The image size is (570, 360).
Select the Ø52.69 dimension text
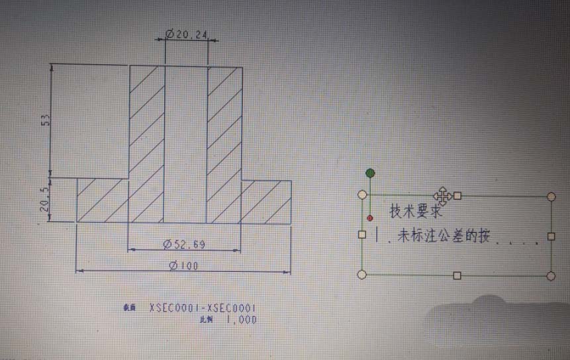[x=184, y=245]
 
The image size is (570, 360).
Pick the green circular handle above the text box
[x=370, y=173]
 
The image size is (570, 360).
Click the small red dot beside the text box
[x=369, y=218]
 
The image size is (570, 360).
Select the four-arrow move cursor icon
[x=442, y=195]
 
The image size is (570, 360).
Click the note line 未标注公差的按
[x=437, y=236]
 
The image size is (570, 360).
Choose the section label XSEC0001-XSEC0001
[x=203, y=308]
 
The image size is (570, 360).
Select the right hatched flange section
[x=265, y=200]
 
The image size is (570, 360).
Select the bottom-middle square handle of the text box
[x=457, y=275]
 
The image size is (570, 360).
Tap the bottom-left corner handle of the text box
[x=361, y=274]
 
